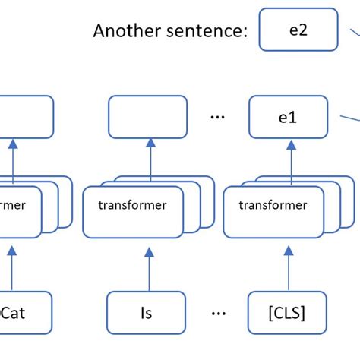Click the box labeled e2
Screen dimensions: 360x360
(298, 30)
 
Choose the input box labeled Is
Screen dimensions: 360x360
(146, 311)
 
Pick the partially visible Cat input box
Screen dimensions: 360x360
(23, 311)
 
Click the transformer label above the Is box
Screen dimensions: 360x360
(132, 205)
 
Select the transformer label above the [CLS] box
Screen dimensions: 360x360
(273, 205)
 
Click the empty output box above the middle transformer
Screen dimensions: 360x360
(148, 116)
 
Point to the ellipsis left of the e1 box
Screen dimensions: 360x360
(218, 118)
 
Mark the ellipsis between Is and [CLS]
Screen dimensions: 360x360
(218, 312)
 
